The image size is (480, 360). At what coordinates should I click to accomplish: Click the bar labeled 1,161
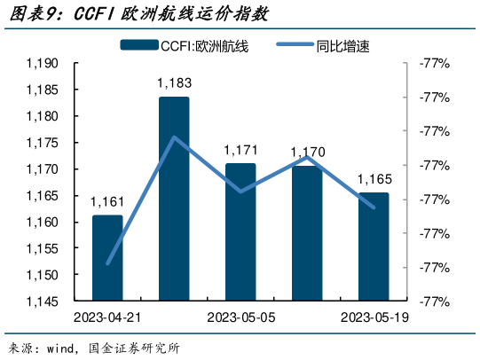coord(107,257)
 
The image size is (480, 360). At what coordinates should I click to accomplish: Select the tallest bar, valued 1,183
coord(174,200)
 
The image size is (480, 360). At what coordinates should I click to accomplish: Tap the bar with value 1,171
coord(240,232)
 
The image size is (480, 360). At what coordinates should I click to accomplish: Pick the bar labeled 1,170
coord(307,234)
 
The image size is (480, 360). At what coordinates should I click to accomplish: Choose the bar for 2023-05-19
coord(373,247)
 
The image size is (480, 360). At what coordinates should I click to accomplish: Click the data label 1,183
coord(174,84)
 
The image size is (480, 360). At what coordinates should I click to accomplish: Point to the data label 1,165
coord(374,180)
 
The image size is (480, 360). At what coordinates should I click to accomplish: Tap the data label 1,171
coord(240,151)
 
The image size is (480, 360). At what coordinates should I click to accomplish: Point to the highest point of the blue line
coord(175,137)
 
